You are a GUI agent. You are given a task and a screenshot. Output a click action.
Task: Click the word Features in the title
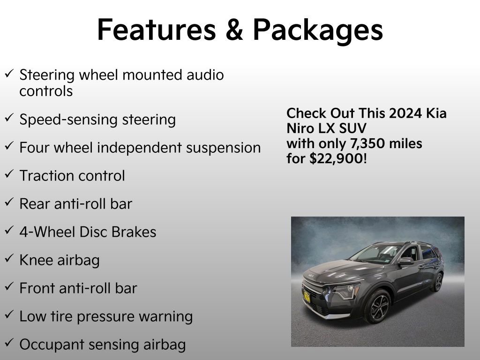pos(156,30)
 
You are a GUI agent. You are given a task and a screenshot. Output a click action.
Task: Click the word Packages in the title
pos(318,30)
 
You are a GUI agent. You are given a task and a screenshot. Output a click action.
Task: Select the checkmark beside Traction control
pos(9,174)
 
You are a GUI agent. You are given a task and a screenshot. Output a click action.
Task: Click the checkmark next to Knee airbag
pos(9,259)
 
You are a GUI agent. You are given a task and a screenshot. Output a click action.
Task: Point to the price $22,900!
pos(338,158)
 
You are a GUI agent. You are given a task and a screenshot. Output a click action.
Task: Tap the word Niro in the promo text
pos(299,128)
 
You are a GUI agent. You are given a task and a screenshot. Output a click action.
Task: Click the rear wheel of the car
pos(438,282)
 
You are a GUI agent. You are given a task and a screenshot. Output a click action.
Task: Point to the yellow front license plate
pos(307,296)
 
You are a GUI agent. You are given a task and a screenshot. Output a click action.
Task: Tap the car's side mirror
pos(405,261)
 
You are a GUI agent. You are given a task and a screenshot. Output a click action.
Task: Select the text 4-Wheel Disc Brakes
pos(88,232)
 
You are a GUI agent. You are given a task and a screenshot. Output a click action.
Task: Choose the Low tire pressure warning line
pos(106,316)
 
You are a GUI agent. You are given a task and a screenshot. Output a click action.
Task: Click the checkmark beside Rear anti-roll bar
pos(9,202)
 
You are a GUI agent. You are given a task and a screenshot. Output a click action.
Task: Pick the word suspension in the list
pos(224,148)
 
